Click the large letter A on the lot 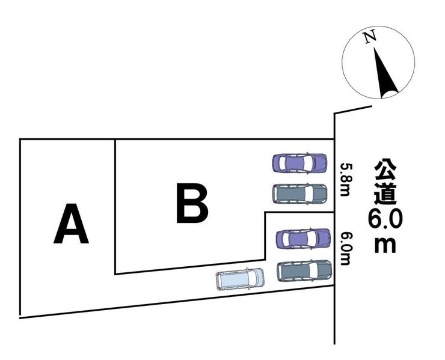click(x=71, y=224)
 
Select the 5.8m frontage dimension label click(x=345, y=179)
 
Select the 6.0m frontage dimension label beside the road click(x=345, y=249)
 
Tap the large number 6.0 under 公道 click(x=385, y=219)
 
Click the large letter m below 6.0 click(x=385, y=245)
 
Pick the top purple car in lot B click(x=299, y=163)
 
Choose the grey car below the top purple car click(x=299, y=193)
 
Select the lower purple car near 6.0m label click(x=304, y=239)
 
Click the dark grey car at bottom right click(x=304, y=270)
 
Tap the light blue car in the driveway click(x=240, y=279)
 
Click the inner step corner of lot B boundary click(x=265, y=213)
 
